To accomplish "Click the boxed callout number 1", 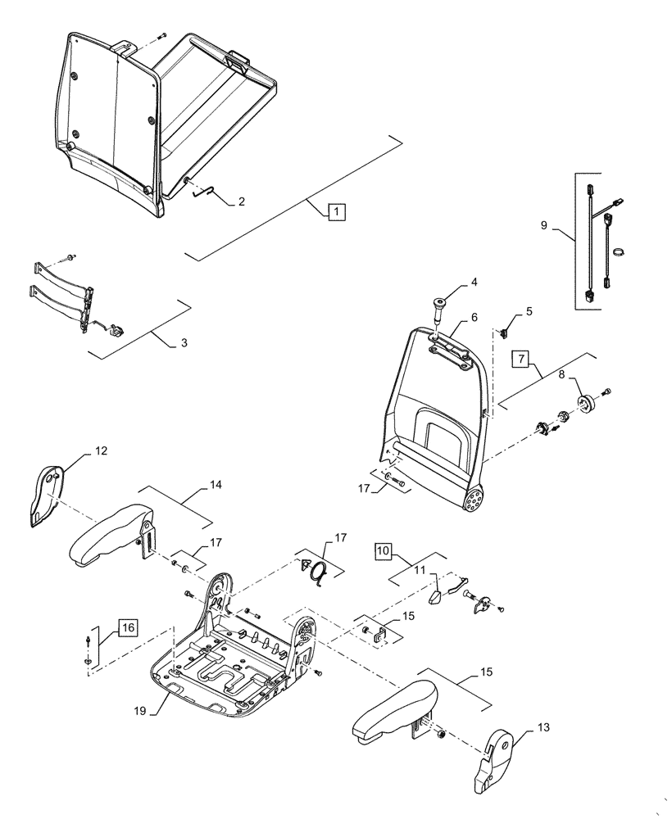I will (x=334, y=211).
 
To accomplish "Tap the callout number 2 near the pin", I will (x=241, y=201).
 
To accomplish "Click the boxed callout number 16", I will (x=127, y=629).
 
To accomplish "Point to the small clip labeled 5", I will (x=506, y=333).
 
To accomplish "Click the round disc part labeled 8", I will (x=588, y=402).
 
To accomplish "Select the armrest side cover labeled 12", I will (x=47, y=494).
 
